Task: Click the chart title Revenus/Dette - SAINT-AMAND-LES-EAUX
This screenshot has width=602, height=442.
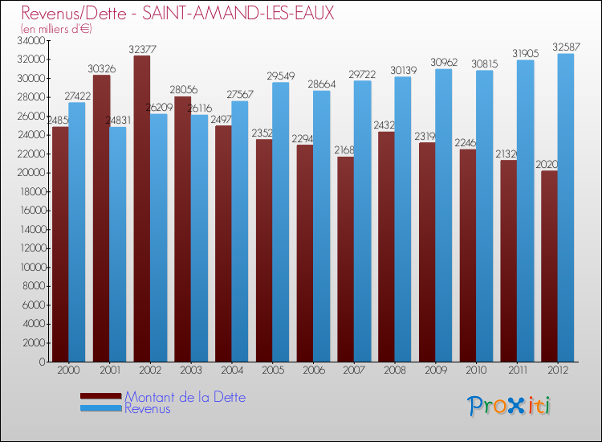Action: [177, 14]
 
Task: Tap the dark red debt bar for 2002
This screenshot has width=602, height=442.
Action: [142, 208]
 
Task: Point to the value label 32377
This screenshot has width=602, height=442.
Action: [142, 49]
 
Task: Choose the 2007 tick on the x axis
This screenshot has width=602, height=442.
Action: [354, 370]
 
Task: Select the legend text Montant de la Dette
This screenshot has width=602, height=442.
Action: [185, 397]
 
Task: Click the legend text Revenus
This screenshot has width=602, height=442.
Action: [148, 408]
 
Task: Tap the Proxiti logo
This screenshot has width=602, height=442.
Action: [508, 406]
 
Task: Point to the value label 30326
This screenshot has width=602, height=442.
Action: [101, 68]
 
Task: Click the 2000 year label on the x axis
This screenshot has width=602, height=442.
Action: [68, 370]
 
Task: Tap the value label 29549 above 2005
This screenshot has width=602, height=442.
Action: [272, 76]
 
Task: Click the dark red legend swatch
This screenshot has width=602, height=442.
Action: [101, 395]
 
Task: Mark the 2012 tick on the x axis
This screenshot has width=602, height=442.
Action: [558, 370]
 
